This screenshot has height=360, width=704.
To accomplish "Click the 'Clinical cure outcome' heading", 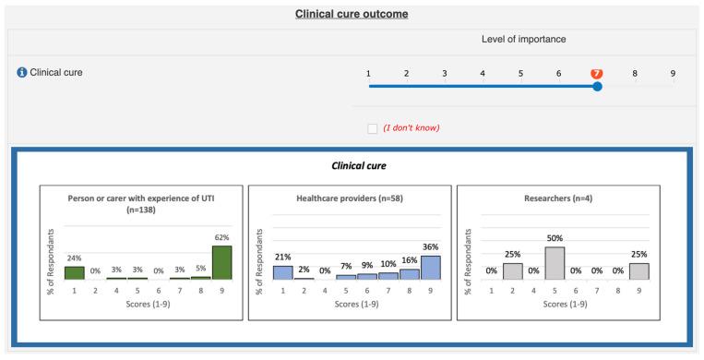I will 352,14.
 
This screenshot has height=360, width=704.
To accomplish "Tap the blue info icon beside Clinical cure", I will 22,72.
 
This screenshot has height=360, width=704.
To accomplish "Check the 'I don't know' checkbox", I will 373,127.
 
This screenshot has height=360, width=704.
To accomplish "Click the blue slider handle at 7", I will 597,86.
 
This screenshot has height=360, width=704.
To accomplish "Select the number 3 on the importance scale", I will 444,73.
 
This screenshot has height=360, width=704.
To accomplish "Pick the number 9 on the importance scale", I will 673,73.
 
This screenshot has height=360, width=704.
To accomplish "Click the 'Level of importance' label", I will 523,40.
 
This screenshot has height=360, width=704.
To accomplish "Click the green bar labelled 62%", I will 221,262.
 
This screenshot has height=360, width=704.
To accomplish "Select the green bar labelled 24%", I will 74,272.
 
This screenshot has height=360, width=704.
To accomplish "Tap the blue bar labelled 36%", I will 430,268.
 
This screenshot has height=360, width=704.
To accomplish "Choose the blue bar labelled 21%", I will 282,272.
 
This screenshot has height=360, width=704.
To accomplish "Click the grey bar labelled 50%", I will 555,263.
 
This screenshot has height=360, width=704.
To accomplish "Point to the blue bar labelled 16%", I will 409,274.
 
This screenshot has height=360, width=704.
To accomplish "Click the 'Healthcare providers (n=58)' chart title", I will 350,198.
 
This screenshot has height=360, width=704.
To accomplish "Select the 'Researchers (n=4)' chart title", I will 558,198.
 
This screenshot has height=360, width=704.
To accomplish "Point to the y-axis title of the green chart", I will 53,260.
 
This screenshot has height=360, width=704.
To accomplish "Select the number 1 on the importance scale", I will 368,73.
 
